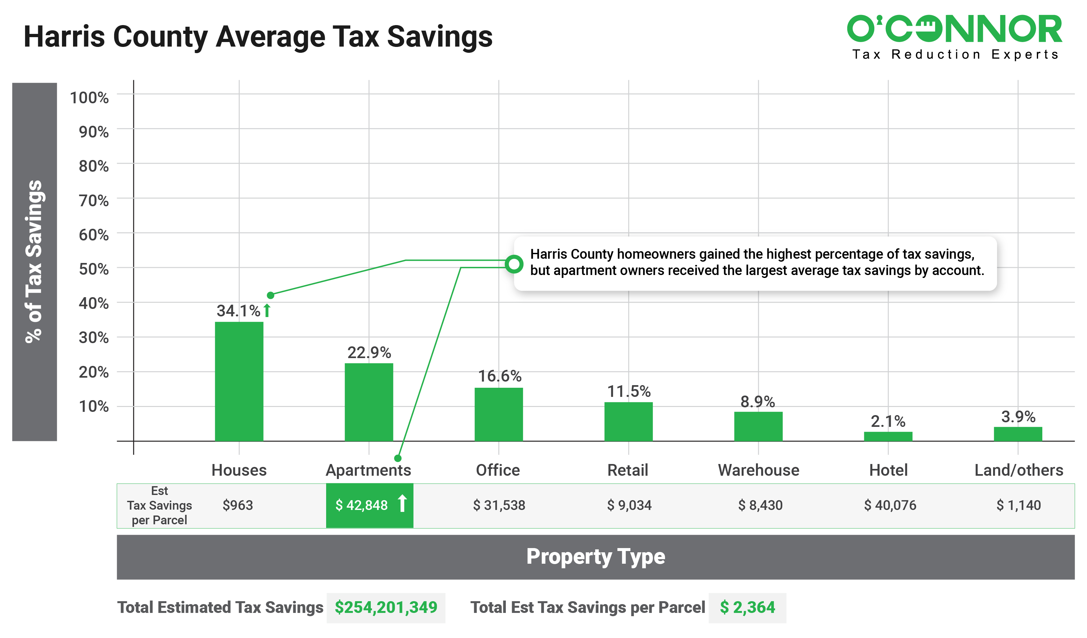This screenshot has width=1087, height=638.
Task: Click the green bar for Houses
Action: (239, 382)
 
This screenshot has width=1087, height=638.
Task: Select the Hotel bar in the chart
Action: (888, 436)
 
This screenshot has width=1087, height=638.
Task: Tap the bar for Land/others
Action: (1018, 434)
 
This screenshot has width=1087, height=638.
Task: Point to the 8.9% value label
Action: (758, 402)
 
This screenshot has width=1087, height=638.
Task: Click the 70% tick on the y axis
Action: (94, 200)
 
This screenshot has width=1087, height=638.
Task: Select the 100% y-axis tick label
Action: (89, 97)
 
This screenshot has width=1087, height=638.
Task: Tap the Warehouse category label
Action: (758, 470)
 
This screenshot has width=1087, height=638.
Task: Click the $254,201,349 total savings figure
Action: (385, 607)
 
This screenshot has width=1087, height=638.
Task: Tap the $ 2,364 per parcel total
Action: (747, 607)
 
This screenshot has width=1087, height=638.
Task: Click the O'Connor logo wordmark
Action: (954, 29)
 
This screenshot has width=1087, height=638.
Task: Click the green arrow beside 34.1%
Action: (267, 311)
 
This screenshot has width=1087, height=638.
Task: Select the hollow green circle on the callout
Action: (514, 264)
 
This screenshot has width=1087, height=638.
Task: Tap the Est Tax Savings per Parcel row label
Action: (159, 505)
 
